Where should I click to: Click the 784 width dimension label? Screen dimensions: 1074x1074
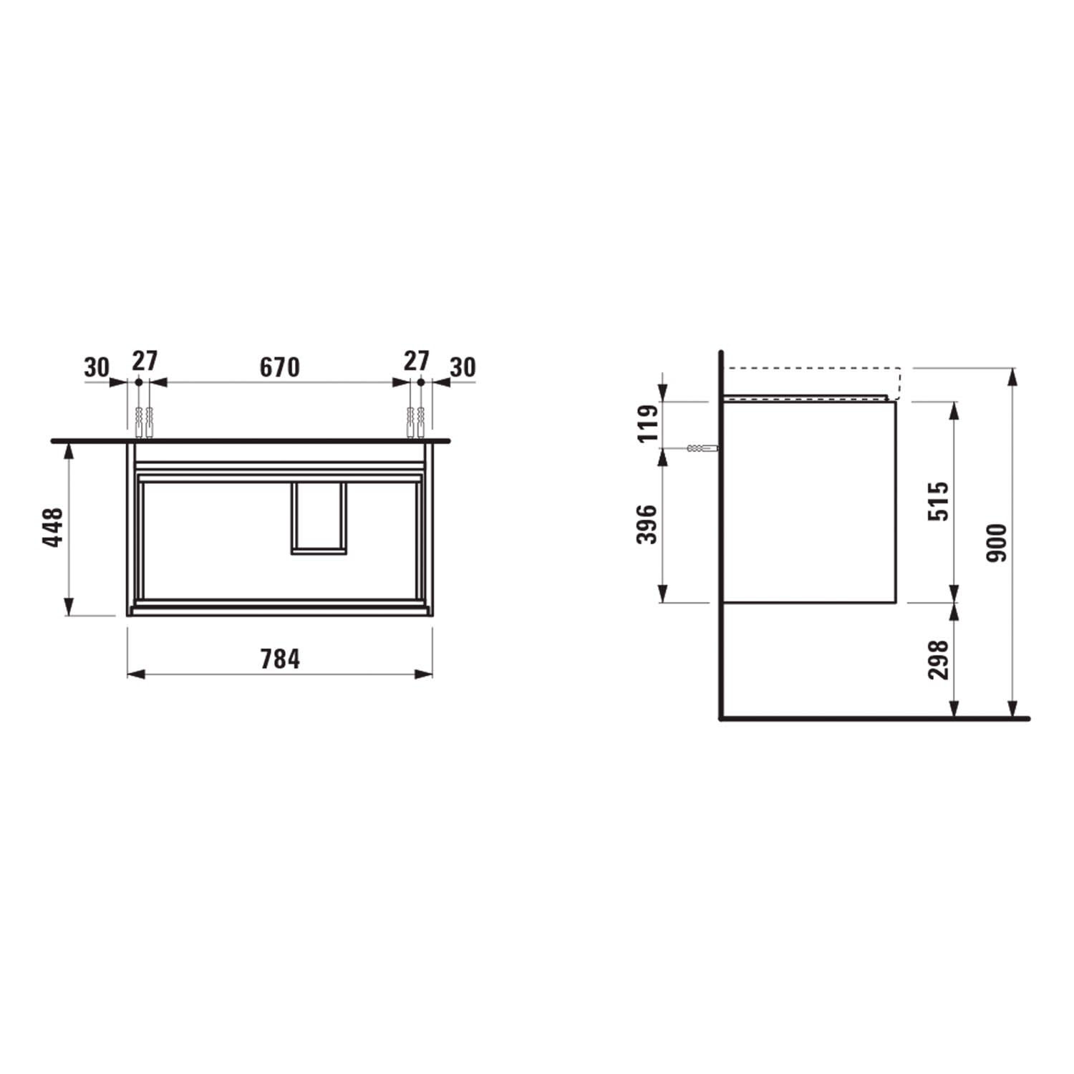(x=280, y=659)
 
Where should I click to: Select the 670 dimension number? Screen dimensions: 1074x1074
(x=279, y=367)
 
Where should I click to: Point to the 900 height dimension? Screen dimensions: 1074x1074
(x=997, y=542)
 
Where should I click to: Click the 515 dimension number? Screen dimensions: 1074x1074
(x=939, y=501)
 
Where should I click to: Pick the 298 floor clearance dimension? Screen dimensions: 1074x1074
(x=939, y=659)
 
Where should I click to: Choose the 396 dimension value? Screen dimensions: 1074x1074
(x=647, y=524)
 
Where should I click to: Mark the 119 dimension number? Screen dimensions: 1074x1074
(x=647, y=424)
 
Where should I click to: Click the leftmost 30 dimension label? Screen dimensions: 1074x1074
(x=97, y=367)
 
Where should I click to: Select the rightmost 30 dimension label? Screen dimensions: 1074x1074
(x=463, y=367)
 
